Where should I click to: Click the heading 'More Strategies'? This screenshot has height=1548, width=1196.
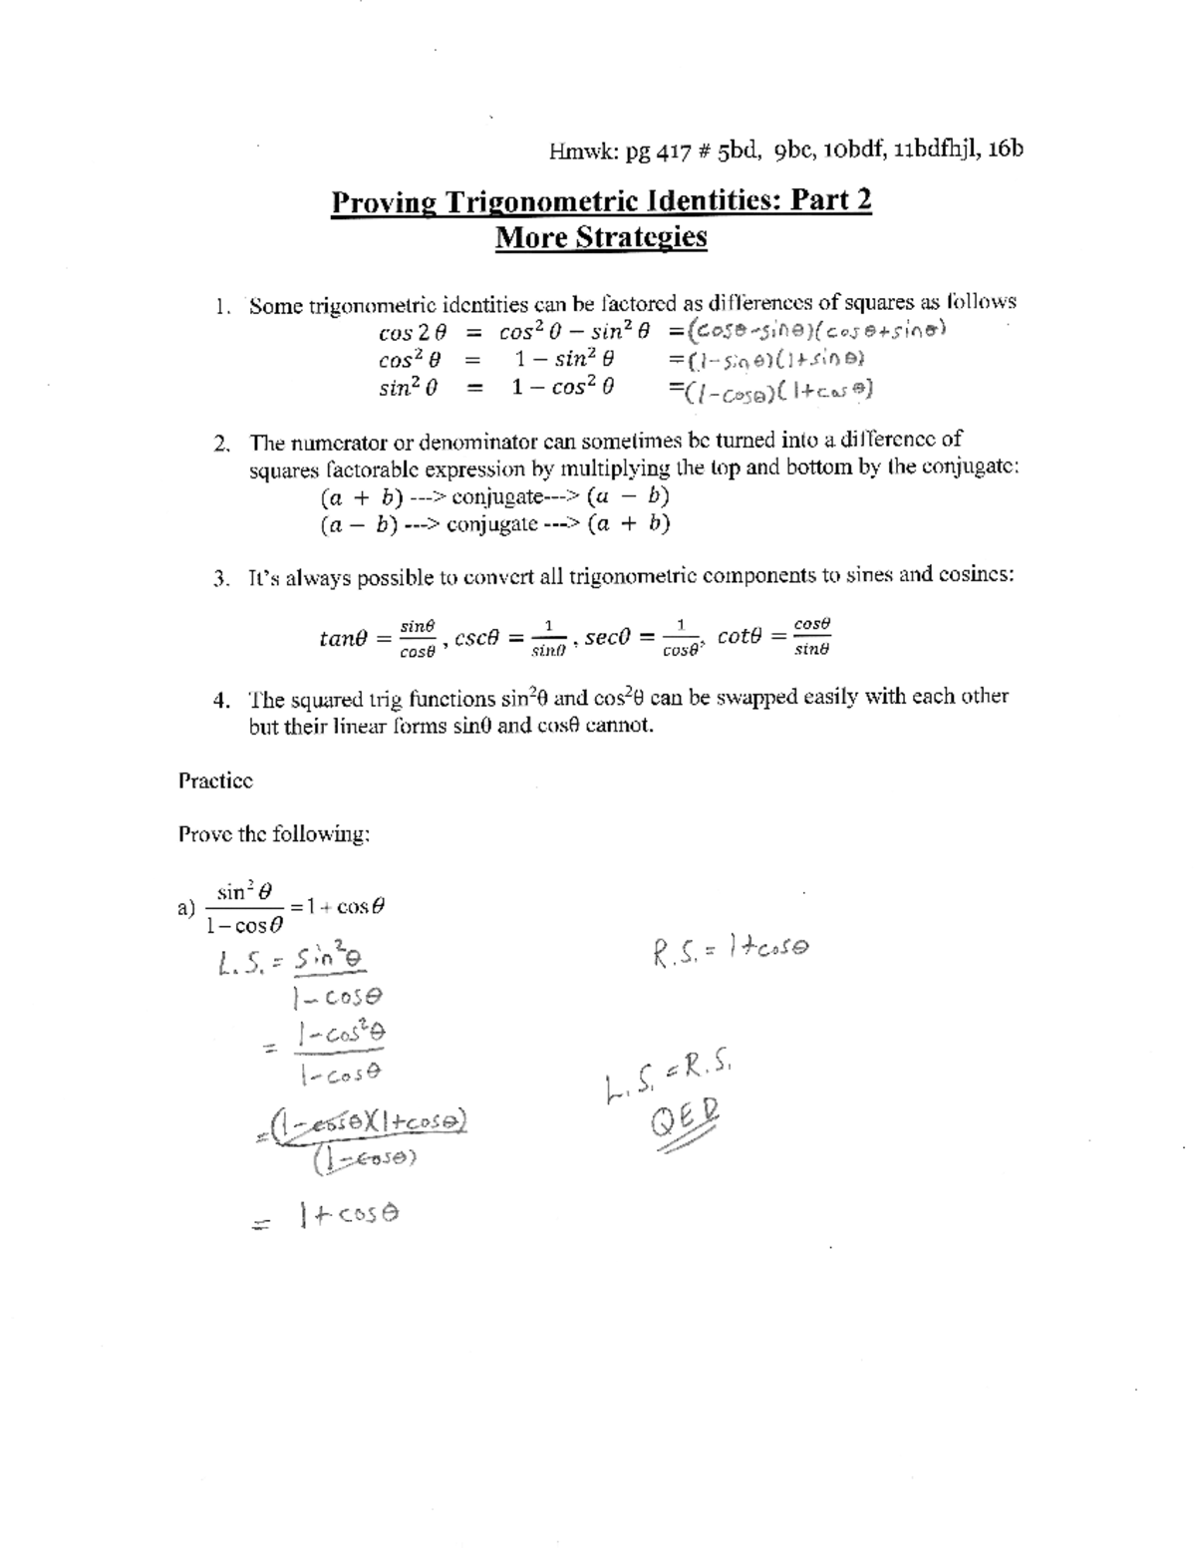(601, 238)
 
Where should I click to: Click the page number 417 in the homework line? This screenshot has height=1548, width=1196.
(675, 151)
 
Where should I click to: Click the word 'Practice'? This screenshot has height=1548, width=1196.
(215, 780)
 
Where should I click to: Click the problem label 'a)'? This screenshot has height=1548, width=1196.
(184, 907)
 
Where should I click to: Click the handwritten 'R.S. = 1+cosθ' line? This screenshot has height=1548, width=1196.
(731, 950)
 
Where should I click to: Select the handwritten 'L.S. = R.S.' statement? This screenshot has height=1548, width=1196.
(668, 1083)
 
